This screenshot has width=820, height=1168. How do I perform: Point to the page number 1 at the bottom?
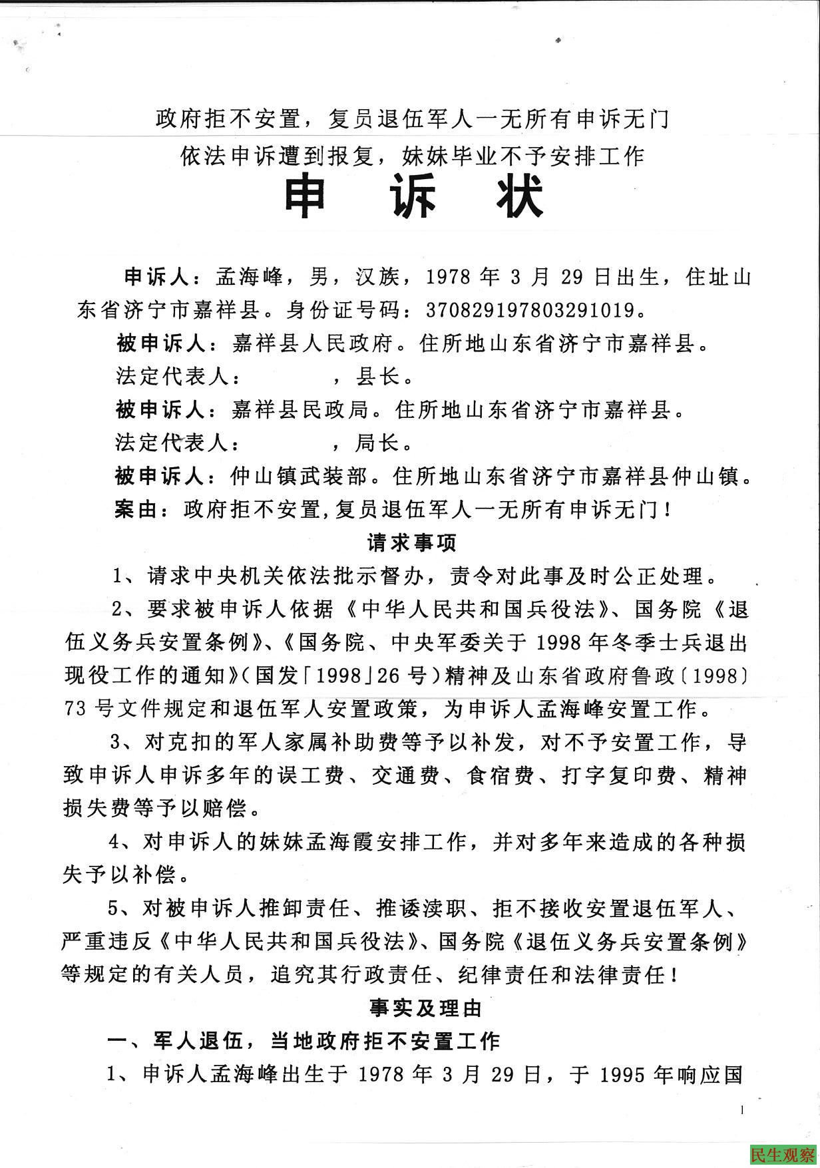[x=741, y=1109]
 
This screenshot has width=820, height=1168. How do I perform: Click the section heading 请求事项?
[x=413, y=543]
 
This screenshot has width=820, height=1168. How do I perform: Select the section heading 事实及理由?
[x=426, y=1008]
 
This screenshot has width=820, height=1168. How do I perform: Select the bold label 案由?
[x=136, y=510]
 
